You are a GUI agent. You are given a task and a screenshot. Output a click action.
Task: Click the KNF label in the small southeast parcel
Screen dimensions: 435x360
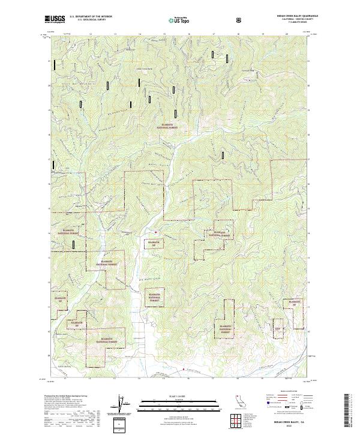tap(278, 328)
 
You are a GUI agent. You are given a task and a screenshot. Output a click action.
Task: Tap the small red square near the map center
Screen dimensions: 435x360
tap(155, 232)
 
